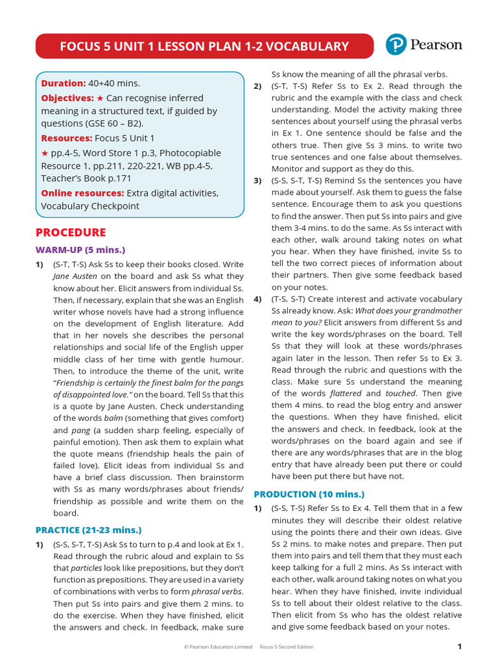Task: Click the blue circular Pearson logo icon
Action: pos(396,45)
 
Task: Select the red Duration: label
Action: pos(64,83)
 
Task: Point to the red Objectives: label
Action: pos(67,98)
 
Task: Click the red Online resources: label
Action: pos(82,193)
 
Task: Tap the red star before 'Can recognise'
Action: pos(100,98)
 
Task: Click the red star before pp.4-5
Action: pos(45,153)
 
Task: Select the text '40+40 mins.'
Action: pos(114,83)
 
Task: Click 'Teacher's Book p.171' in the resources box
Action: pos(88,178)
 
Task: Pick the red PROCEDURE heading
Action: pos(71,233)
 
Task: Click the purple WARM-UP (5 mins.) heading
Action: pos(80,250)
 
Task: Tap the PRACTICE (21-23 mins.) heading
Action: pos(88,530)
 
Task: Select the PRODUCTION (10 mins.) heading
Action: pos(309,494)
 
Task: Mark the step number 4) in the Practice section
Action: pos(257,299)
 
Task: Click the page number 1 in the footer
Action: pos(459,646)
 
